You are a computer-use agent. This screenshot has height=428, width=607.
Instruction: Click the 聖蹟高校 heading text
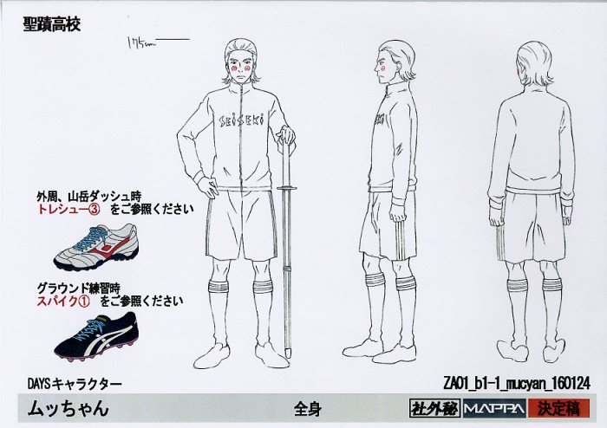[52, 24]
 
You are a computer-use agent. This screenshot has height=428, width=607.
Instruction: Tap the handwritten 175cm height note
[141, 42]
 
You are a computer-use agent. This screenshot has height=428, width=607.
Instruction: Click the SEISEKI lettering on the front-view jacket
[242, 120]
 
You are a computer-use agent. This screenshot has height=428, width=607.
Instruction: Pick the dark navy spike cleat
[96, 335]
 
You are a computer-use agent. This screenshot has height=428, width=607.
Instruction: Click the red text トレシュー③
[69, 209]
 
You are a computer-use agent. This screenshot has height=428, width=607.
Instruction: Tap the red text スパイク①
[63, 302]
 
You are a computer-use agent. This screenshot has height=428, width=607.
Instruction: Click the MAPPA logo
[494, 408]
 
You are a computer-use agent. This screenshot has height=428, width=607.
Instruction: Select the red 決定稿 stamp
[558, 408]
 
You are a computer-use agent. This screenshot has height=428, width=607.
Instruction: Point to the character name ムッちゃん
[68, 408]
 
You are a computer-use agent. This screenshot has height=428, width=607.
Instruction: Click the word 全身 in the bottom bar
[307, 408]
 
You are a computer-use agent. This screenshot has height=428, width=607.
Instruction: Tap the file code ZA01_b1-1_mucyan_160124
[517, 383]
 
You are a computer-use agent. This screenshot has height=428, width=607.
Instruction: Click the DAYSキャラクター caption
[75, 384]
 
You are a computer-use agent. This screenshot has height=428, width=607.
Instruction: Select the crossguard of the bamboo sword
[287, 188]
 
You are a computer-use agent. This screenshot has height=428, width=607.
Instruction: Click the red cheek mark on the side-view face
[383, 69]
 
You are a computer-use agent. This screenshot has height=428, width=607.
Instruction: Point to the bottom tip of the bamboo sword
[287, 356]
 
